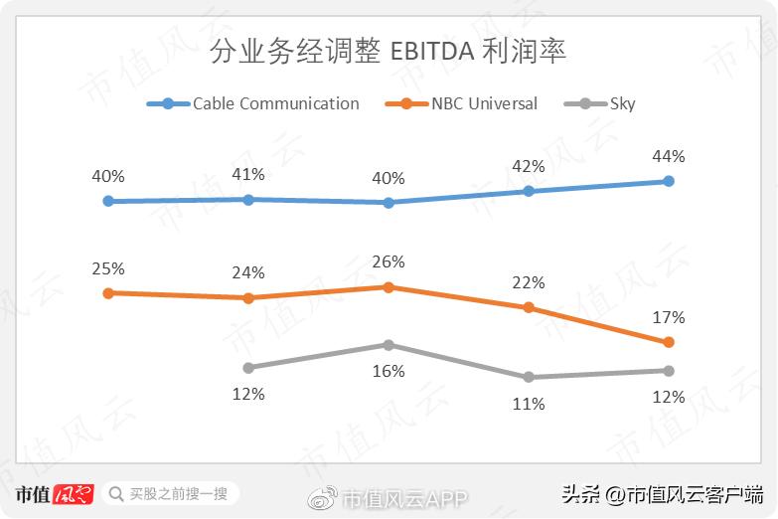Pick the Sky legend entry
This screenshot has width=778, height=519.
[599, 103]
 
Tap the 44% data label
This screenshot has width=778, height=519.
[669, 156]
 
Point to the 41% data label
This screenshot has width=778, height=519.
[248, 174]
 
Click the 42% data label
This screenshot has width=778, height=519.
[529, 166]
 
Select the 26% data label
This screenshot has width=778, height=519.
[389, 262]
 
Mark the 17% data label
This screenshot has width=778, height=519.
[669, 318]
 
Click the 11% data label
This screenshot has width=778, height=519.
[529, 404]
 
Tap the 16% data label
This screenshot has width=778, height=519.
[389, 371]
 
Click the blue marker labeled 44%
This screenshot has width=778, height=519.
[669, 181]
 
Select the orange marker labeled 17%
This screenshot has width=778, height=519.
[669, 342]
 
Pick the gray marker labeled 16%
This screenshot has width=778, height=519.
[389, 345]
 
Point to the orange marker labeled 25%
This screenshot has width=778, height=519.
[108, 293]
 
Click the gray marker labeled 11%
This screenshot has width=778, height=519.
[529, 377]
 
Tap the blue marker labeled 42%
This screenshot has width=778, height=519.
[529, 191]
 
